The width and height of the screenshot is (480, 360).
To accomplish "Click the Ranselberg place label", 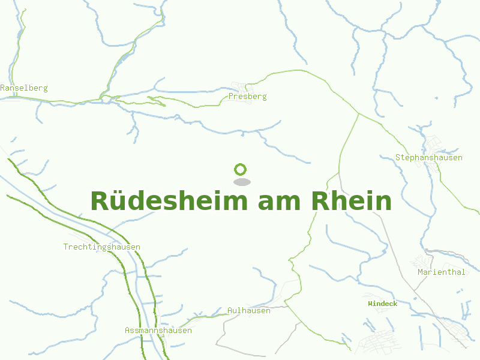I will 24,88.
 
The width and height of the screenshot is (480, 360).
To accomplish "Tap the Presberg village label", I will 247,96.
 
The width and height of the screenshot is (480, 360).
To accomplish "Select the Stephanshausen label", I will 428,157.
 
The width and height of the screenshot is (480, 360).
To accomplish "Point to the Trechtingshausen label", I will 102,247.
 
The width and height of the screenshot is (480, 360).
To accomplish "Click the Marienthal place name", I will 441,272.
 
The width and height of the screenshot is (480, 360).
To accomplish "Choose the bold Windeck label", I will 382,304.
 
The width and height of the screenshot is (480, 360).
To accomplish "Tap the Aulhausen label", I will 249,310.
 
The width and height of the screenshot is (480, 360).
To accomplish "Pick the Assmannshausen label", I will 158,330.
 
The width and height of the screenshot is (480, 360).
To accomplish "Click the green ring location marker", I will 241,169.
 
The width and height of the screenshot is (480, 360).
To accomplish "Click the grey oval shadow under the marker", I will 241,182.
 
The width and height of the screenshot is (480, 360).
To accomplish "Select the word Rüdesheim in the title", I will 170,201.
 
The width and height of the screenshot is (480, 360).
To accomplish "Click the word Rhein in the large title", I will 352,201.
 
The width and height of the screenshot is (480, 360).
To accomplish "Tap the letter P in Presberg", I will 231,96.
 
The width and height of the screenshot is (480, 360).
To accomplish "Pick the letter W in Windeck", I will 370,304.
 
